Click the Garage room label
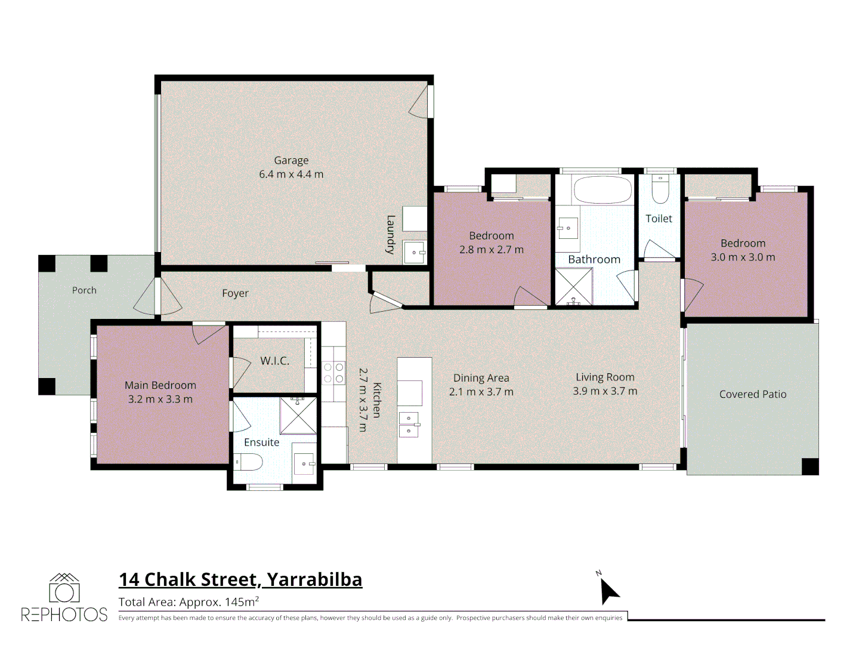[x=291, y=160]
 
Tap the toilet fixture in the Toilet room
[x=660, y=189]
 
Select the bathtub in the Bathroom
[x=602, y=190]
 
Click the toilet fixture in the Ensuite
[x=248, y=462]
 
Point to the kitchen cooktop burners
[x=334, y=373]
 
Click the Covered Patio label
[x=753, y=394]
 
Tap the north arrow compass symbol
[x=609, y=591]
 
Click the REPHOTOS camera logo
[x=64, y=588]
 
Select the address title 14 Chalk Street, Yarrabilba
[x=240, y=580]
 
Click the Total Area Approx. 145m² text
[x=189, y=602]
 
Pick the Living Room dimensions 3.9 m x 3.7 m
[x=605, y=391]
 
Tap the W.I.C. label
[x=275, y=361]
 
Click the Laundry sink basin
[x=414, y=252]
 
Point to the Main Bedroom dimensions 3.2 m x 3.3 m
[x=160, y=399]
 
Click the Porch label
[x=84, y=290]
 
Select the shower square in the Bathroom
[x=574, y=286]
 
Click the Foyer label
[x=235, y=293]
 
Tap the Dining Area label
[x=481, y=378]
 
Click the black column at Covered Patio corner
[x=810, y=466]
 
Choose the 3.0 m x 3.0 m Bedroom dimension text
[x=743, y=257]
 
